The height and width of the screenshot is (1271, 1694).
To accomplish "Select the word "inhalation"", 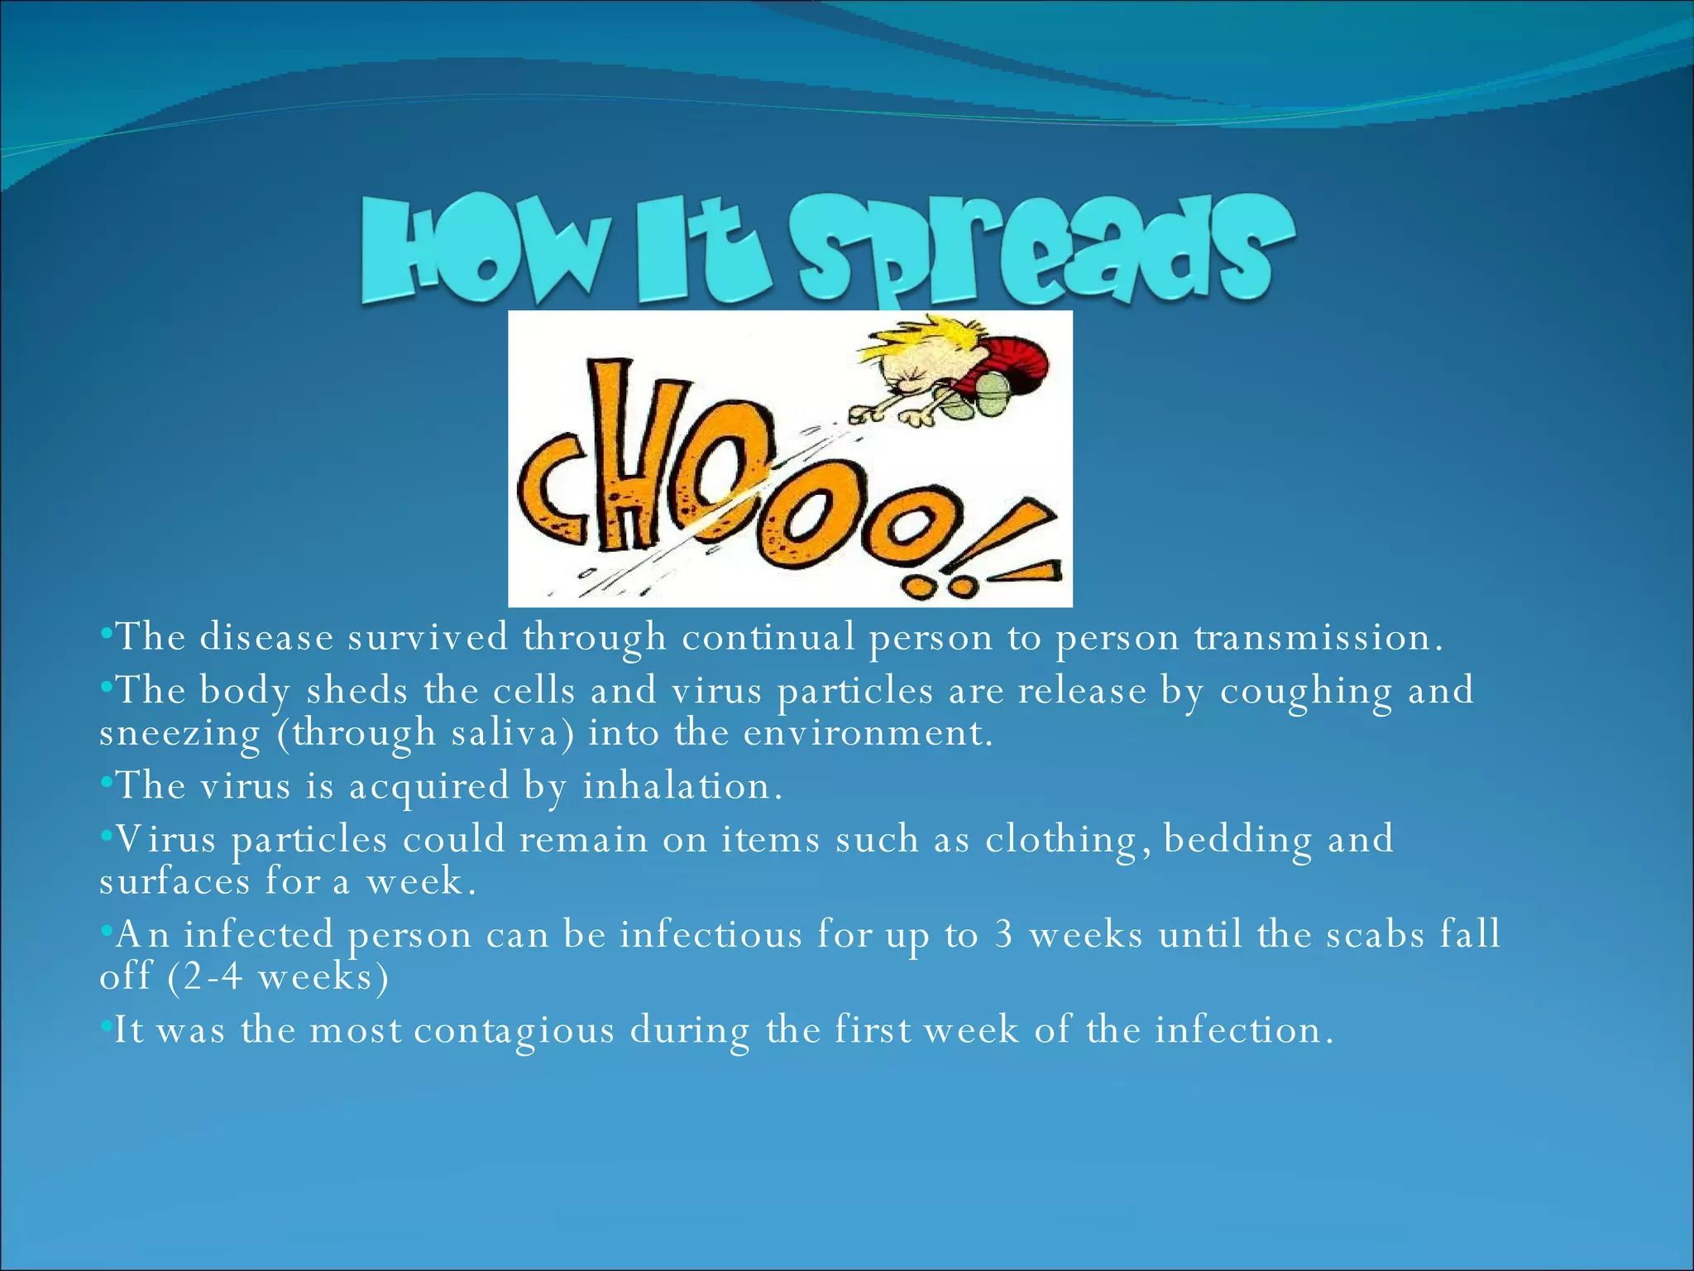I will pyautogui.click(x=682, y=786).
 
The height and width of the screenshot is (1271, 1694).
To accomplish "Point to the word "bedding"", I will pyautogui.click(x=1237, y=840).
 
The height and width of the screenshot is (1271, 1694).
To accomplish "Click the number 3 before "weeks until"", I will pyautogui.click(x=1004, y=934).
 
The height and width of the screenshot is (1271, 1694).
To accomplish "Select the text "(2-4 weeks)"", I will pyautogui.click(x=278, y=977).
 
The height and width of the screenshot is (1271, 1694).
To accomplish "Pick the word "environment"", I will pyautogui.click(x=868, y=733).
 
